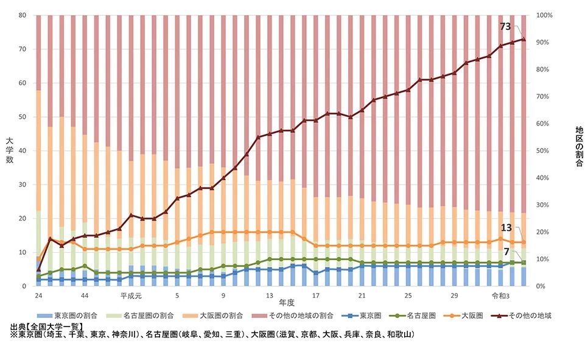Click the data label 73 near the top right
(x=505, y=26)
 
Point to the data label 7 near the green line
(x=506, y=252)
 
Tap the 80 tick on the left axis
(x=23, y=15)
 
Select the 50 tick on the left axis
(x=23, y=117)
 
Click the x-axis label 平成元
(x=130, y=295)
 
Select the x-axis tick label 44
(x=85, y=295)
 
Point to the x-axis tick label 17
(x=315, y=295)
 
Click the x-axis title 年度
(x=287, y=302)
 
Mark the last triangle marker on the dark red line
(x=523, y=39)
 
